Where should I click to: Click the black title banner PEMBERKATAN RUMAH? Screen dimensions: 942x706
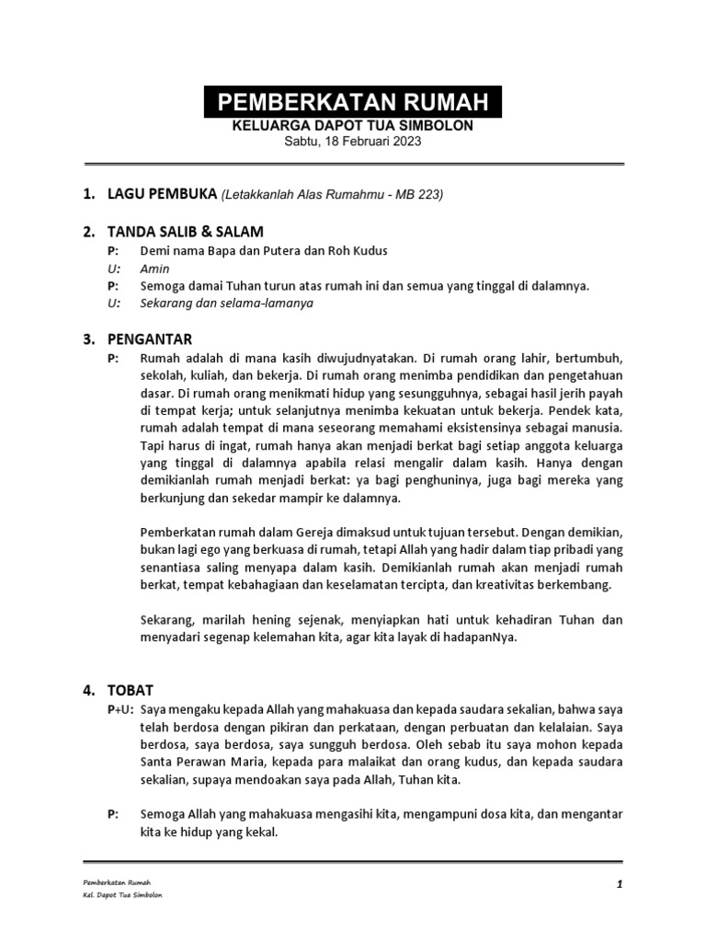[352, 101]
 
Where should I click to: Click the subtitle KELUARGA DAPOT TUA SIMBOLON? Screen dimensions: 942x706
[352, 125]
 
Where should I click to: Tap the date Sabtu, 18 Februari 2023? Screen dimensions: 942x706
[352, 141]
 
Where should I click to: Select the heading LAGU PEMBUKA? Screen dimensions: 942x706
[161, 195]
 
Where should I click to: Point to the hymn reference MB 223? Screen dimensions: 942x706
[419, 195]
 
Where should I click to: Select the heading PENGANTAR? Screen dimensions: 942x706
[150, 339]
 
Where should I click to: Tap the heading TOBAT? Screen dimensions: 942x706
[131, 690]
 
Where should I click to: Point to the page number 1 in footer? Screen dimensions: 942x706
[621, 884]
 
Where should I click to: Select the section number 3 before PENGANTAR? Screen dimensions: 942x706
[88, 339]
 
